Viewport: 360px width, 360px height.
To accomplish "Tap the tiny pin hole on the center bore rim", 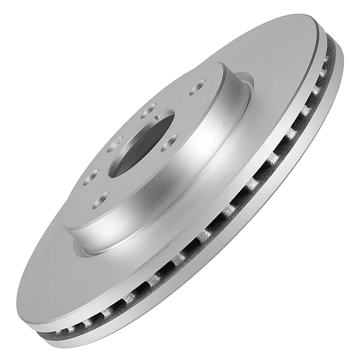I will (x=155, y=117).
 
